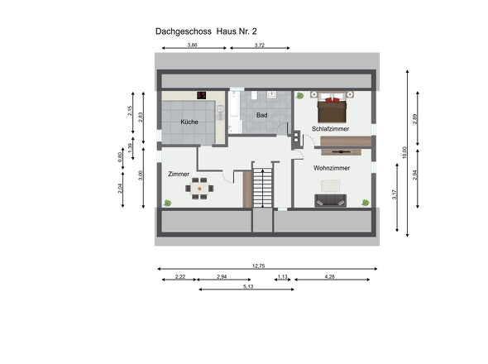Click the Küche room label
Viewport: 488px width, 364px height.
[189, 122]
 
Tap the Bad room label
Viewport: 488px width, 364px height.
[261, 115]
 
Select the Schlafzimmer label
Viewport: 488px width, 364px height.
[330, 128]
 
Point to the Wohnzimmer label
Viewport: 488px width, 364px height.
[332, 168]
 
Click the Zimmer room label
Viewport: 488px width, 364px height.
[179, 174]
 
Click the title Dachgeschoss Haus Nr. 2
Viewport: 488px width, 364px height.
[206, 31]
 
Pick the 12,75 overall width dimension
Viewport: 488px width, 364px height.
[258, 266]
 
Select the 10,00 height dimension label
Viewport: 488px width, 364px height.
[404, 152]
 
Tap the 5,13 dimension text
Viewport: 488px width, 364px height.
[248, 286]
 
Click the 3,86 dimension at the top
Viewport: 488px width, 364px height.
[192, 45]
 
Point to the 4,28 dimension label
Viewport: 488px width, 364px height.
[329, 276]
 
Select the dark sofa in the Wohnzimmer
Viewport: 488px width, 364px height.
[330, 200]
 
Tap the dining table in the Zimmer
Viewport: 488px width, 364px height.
[199, 189]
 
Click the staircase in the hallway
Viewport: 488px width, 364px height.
[262, 188]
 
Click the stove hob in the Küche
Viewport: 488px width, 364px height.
[201, 95]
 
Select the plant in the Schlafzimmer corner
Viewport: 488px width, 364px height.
[299, 96]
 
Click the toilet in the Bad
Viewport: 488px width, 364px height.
[254, 95]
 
